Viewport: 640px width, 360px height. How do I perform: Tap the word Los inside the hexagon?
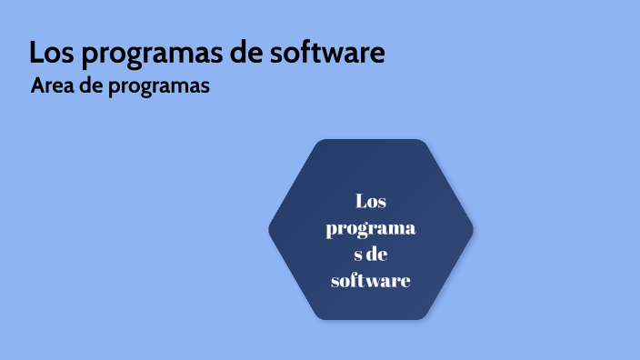coord(371,201)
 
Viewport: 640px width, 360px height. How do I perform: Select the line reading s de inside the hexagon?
coord(371,255)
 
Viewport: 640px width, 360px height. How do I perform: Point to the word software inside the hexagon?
coord(371,281)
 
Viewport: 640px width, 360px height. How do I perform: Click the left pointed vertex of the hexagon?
coord(270,229)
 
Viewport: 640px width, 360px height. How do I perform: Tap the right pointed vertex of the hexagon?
coord(472,229)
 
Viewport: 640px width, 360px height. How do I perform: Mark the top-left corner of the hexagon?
coord(318,143)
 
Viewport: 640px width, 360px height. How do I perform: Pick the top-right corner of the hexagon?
coord(424,143)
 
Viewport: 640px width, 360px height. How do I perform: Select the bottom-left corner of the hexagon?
coord(318,315)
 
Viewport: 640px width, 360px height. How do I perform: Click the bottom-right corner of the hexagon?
coord(424,315)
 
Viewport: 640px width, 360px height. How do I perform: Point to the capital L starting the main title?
coord(36,53)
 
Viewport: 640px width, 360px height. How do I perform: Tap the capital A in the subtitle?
coord(36,87)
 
